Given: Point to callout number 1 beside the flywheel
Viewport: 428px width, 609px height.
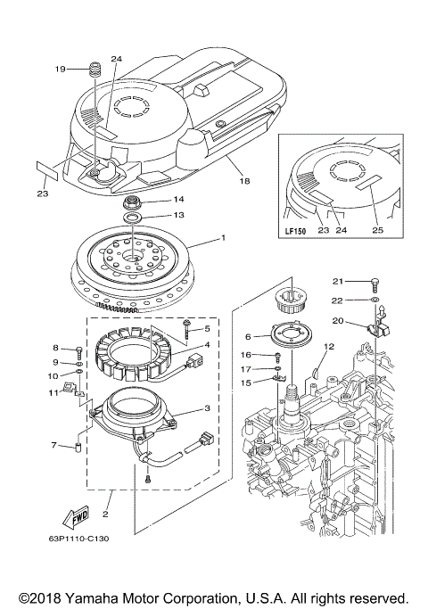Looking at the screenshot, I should [x=224, y=239].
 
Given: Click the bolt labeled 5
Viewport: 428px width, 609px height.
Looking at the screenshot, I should [x=187, y=327].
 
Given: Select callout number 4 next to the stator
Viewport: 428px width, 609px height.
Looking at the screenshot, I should [x=208, y=345].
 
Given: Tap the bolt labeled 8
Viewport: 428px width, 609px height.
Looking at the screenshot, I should [x=78, y=350].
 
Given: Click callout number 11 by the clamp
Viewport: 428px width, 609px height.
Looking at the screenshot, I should [x=53, y=391].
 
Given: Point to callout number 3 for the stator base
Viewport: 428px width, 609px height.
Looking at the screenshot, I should [x=208, y=408].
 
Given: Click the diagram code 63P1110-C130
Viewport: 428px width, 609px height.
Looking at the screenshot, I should [x=86, y=538].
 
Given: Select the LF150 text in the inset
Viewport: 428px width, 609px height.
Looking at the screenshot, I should [x=295, y=230].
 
